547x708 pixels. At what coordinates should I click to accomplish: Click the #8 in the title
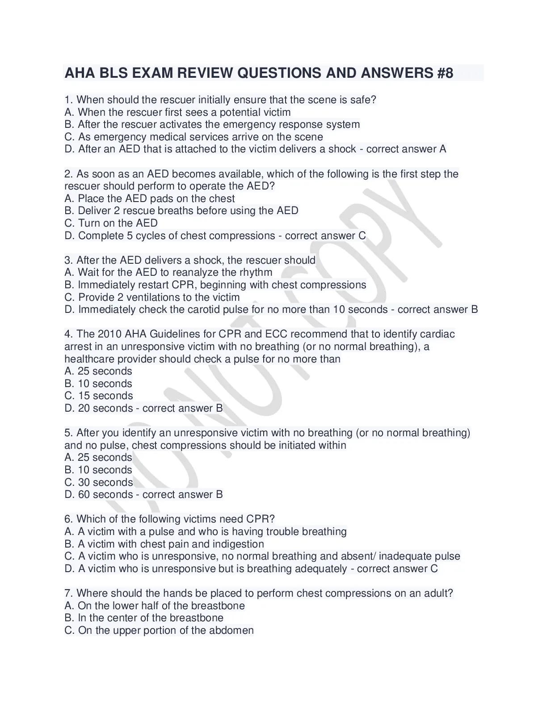(443, 73)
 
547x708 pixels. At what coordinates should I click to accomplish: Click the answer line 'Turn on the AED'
(118, 223)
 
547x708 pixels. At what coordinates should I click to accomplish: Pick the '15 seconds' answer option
(105, 396)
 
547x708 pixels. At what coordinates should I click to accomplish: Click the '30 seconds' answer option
(105, 482)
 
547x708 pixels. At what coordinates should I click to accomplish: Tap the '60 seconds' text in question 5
(105, 494)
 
